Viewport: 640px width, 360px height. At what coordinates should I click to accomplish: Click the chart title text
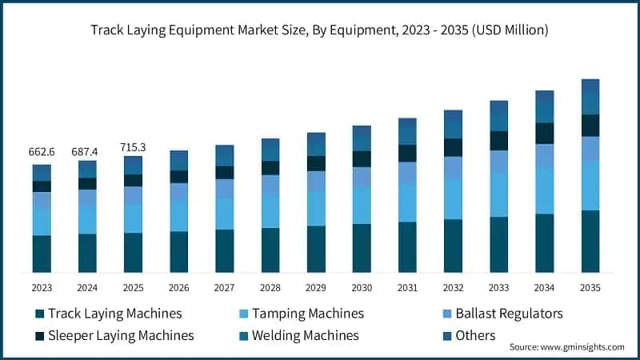(x=319, y=30)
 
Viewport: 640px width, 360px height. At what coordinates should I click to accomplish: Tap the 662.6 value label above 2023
(x=42, y=152)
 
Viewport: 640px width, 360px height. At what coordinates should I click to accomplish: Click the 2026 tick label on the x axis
(x=179, y=287)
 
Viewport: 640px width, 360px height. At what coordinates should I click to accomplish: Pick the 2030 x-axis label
(x=362, y=287)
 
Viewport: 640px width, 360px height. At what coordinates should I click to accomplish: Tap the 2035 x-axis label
(x=590, y=287)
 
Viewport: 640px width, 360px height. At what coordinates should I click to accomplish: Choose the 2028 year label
(x=270, y=287)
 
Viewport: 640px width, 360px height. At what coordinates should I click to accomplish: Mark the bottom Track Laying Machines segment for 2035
(x=590, y=241)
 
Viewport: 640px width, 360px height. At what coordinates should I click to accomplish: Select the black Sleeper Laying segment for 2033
(x=499, y=141)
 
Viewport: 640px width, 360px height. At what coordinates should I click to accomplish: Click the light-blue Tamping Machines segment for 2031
(x=407, y=202)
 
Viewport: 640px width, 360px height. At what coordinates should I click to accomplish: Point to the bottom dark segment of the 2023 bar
(x=42, y=254)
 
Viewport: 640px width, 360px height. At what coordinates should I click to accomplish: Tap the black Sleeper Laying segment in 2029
(x=316, y=163)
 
